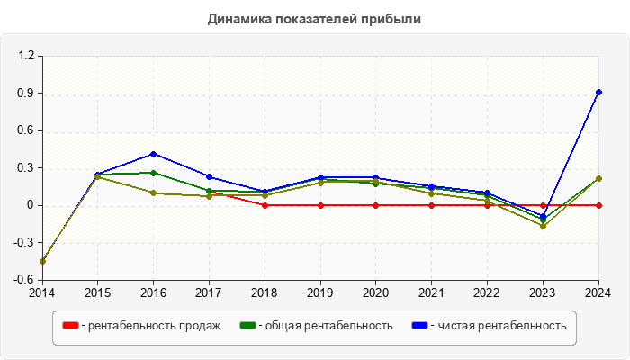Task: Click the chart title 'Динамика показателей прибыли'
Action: [314, 18]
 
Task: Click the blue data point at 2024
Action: [598, 92]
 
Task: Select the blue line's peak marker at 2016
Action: [154, 154]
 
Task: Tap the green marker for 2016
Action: [154, 173]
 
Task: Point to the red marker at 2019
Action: [320, 205]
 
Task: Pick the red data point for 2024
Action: [598, 205]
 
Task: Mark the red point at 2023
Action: [543, 205]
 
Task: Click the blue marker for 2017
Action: [209, 177]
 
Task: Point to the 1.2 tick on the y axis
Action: [26, 56]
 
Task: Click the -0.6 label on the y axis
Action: [24, 280]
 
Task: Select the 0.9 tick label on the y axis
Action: [26, 94]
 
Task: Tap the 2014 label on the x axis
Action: [42, 292]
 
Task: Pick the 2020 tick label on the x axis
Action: [376, 292]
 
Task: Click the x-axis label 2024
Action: [598, 292]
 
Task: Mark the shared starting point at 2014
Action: [42, 261]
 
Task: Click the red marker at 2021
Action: [432, 205]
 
